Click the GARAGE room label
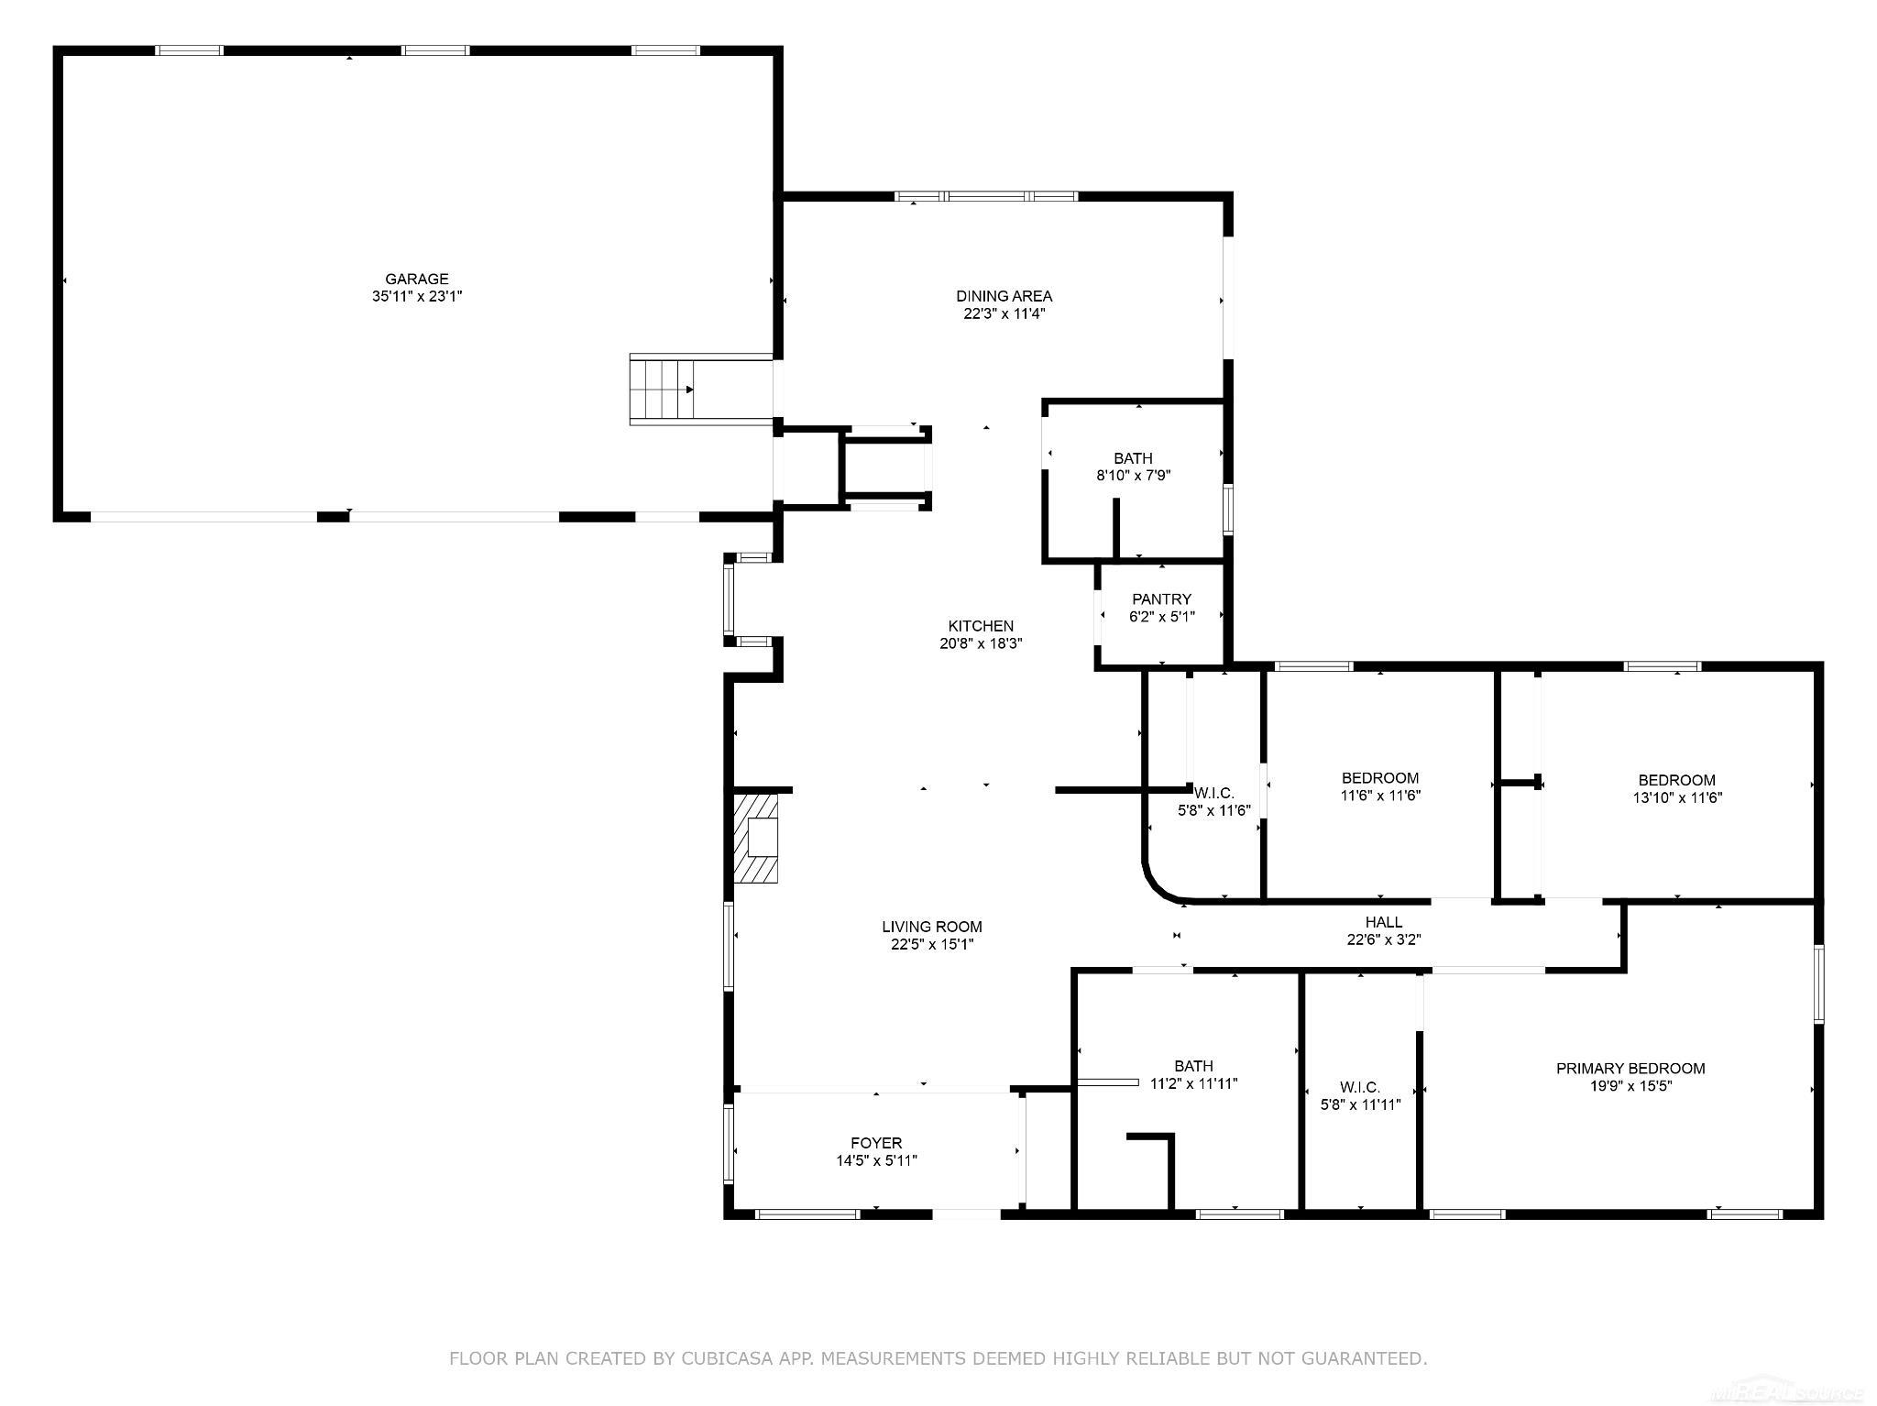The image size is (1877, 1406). (416, 279)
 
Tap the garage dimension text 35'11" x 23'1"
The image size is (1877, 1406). (417, 296)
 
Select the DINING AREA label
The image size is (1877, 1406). (1004, 296)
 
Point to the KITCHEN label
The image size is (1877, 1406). (981, 626)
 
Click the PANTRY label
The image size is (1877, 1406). (1161, 599)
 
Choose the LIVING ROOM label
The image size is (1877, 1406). (932, 927)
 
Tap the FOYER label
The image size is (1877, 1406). (876, 1143)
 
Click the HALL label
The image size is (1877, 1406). (1383, 922)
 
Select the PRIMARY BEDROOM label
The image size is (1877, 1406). (1630, 1068)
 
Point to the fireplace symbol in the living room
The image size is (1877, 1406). (756, 838)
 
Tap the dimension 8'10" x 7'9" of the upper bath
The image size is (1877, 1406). (1134, 476)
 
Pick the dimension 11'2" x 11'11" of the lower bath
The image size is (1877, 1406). (1193, 1083)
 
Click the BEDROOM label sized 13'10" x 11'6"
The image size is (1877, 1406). (1676, 780)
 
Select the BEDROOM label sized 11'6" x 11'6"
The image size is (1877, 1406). (1380, 778)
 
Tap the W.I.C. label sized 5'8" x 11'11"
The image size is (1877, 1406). (1359, 1087)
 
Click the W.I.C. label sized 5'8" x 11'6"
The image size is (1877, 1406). (1214, 793)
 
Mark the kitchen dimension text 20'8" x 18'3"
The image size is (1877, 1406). (981, 643)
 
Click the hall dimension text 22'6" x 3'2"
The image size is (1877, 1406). (1384, 939)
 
